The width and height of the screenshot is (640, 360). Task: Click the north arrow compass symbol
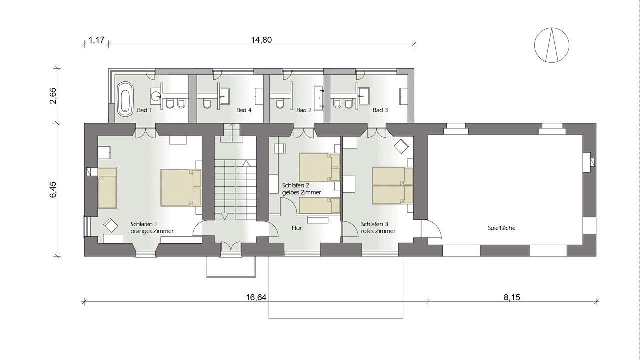[552, 45]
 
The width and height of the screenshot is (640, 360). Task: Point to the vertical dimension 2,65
[53, 95]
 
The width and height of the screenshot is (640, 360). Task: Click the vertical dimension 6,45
[53, 189]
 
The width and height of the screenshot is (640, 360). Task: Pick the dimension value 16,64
[256, 297]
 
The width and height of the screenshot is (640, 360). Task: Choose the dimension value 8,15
[512, 297]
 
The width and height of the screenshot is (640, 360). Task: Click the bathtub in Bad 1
[125, 99]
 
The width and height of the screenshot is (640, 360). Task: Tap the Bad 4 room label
[244, 110]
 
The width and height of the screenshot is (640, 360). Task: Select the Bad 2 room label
[304, 110]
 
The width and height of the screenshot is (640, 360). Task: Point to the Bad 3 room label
[380, 110]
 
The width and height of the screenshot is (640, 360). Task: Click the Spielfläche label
[501, 228]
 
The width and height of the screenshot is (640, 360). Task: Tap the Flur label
[297, 228]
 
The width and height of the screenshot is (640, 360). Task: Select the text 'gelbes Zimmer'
[301, 193]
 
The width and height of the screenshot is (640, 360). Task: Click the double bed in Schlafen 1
[181, 187]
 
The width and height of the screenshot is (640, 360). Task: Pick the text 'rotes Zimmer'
[378, 231]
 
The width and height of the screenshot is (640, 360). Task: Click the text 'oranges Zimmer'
[152, 231]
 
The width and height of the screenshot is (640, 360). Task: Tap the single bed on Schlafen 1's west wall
[107, 187]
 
